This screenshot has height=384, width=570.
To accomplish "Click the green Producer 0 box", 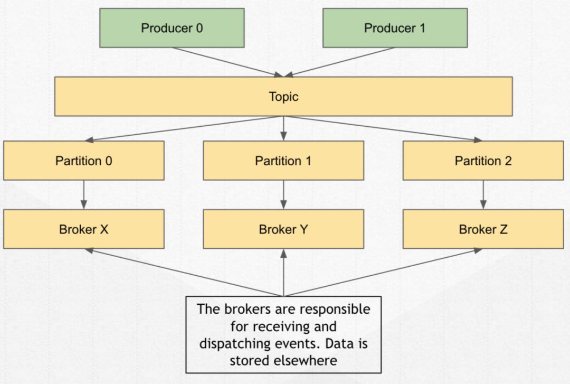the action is click(172, 28).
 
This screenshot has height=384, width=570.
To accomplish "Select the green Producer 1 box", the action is click(395, 28).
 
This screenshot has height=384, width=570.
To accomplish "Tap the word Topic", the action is click(283, 97).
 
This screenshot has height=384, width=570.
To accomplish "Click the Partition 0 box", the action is click(84, 161).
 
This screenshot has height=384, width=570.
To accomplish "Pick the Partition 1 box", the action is click(283, 161).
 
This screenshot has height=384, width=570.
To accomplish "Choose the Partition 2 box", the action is click(483, 161).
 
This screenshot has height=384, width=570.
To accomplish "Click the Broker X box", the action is click(84, 229).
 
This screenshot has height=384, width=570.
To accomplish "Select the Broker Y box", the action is click(283, 229).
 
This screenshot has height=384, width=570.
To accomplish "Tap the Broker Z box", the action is click(483, 229).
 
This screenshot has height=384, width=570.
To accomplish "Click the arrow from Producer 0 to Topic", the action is click(227, 62).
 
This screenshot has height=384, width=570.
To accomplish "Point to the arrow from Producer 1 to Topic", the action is click(339, 62).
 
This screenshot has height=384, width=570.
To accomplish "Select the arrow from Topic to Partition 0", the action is click(184, 128).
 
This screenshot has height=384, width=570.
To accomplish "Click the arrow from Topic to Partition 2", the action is click(383, 128).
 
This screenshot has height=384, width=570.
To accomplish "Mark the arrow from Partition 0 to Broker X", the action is click(84, 195).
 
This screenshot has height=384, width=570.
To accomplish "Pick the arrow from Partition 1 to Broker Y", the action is click(283, 195).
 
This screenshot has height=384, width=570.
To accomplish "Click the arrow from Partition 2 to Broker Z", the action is click(483, 195).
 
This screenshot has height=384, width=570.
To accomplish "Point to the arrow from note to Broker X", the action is click(184, 273).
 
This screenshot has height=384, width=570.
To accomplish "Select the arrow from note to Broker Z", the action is click(383, 273).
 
